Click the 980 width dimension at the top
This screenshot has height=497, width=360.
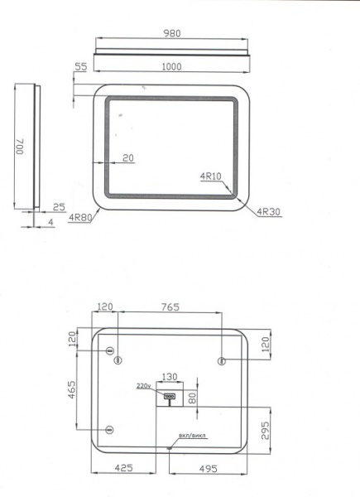[171, 34]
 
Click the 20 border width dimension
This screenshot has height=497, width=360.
[128, 157]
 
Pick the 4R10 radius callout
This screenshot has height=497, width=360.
[210, 176]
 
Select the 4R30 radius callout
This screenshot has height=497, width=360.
[269, 212]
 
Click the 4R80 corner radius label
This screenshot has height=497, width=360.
[80, 218]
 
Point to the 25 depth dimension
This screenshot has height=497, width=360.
[59, 206]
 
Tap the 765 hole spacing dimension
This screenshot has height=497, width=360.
[170, 306]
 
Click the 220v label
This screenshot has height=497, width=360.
[143, 386]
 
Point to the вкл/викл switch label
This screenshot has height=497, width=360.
[191, 436]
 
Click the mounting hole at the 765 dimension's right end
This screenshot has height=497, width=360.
[221, 359]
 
